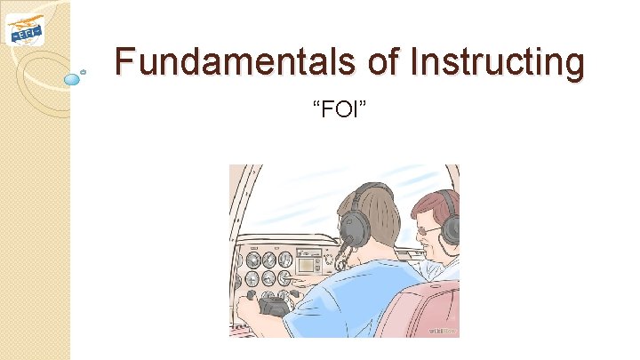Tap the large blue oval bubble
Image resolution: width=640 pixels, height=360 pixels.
73,79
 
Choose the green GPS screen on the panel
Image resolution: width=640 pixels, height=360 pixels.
308,263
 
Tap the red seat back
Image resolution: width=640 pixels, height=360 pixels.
418,311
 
